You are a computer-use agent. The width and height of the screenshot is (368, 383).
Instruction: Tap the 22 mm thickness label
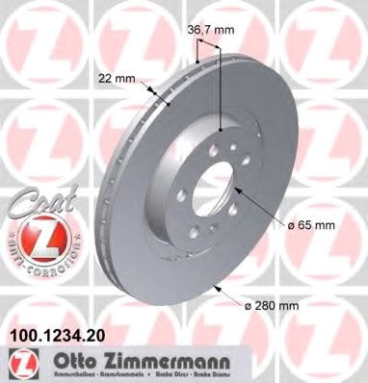[114, 80]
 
